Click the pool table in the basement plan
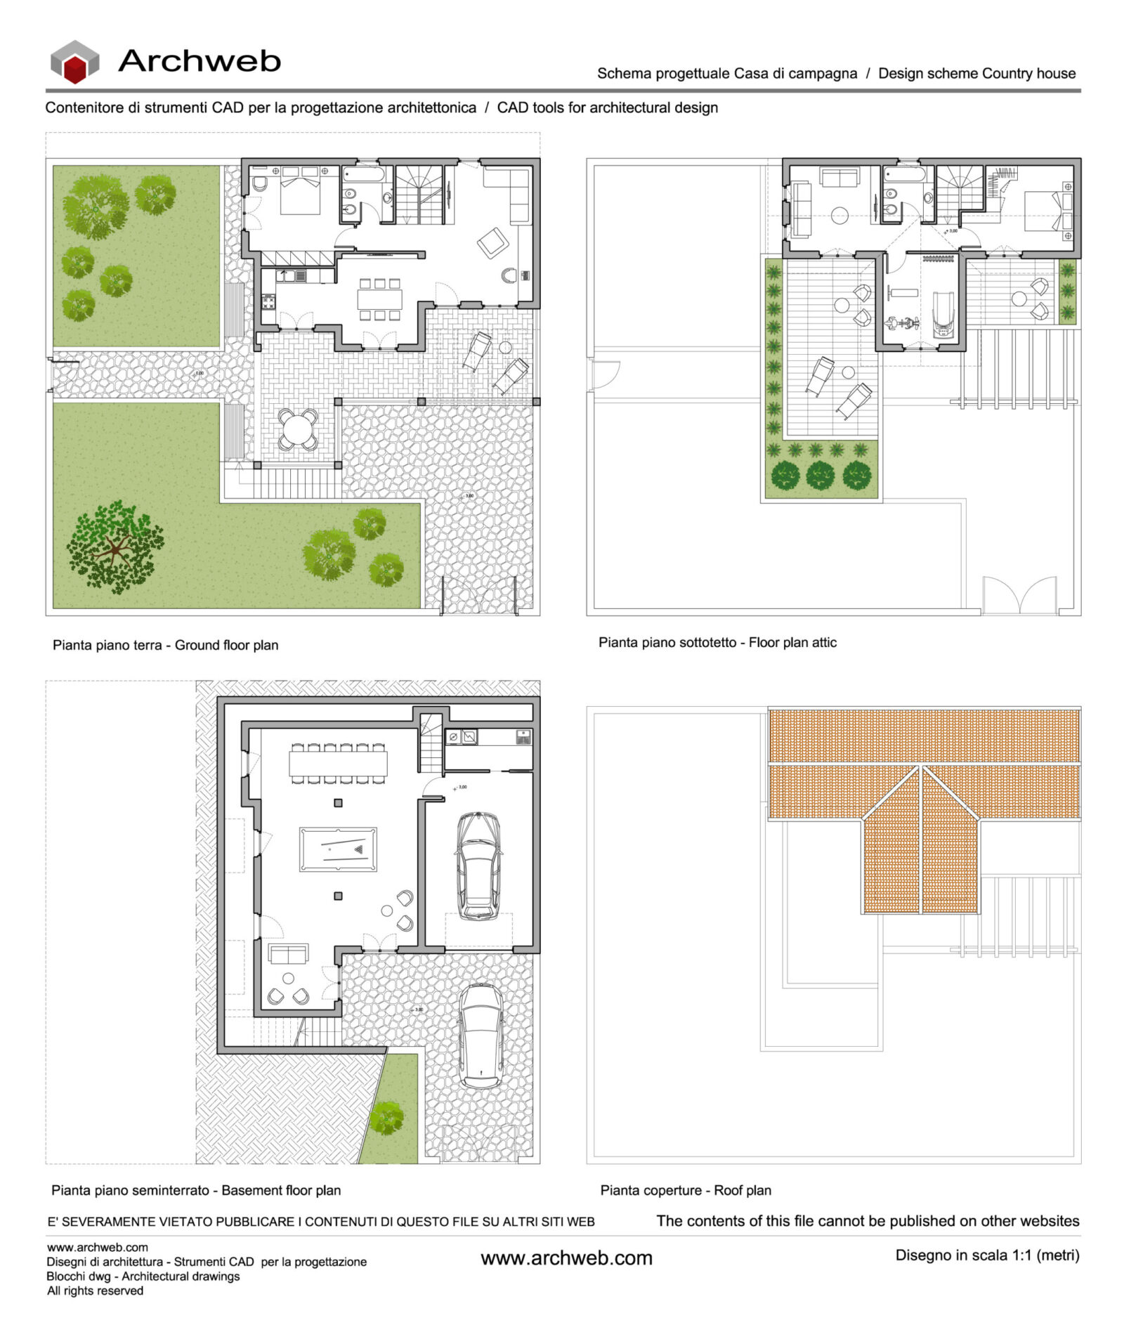click(x=337, y=849)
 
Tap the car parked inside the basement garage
click(x=478, y=866)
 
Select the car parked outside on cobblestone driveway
click(x=481, y=1036)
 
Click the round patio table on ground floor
click(x=298, y=429)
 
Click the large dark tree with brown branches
click(x=115, y=546)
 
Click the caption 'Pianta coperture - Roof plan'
click(x=685, y=1190)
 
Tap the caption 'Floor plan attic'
click(x=792, y=642)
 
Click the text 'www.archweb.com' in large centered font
click(x=566, y=1258)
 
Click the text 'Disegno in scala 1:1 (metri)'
click(x=986, y=1255)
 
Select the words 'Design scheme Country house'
click(x=976, y=73)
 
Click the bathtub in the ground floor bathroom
click(x=363, y=174)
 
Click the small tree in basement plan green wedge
click(x=386, y=1117)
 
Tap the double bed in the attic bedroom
click(x=1044, y=210)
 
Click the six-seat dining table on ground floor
click(x=380, y=299)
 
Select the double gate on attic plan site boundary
click(x=1019, y=595)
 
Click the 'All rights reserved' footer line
click(x=95, y=1291)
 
